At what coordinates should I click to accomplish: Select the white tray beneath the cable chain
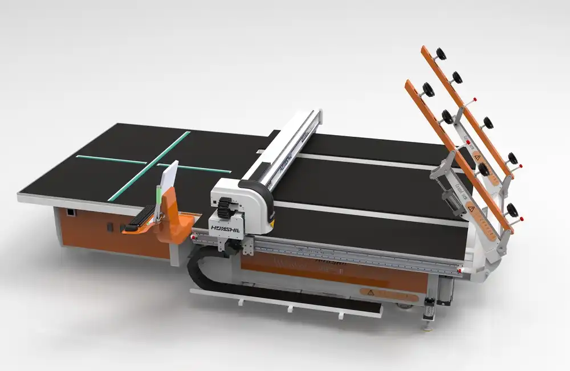coord(285,304)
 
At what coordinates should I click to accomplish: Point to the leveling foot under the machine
coord(424,327)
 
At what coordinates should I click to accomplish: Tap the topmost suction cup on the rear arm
coord(441,54)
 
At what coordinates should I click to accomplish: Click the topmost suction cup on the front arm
coord(426,89)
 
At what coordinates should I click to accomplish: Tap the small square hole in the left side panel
coord(70,212)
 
